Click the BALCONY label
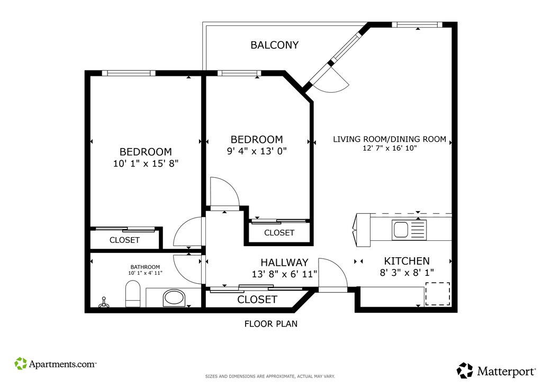coord(275,45)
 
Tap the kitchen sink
coord(409,230)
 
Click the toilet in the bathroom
coord(133,294)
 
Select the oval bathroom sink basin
coord(175,298)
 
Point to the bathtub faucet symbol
coord(103,303)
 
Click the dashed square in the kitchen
coord(438,294)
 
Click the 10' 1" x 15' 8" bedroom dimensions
coord(146,163)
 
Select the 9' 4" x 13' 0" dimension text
coord(257,151)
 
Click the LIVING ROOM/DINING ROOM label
coord(390,139)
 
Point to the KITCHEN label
coord(407,261)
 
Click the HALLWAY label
coord(284,262)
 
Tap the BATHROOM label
coord(145,267)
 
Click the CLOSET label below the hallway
coord(257,300)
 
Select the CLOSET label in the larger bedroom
coord(124,240)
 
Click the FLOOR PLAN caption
coord(271,324)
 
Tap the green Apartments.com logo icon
coord(21,363)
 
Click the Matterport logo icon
coord(465,371)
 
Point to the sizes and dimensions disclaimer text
coord(270,377)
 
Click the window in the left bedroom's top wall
coord(129,73)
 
